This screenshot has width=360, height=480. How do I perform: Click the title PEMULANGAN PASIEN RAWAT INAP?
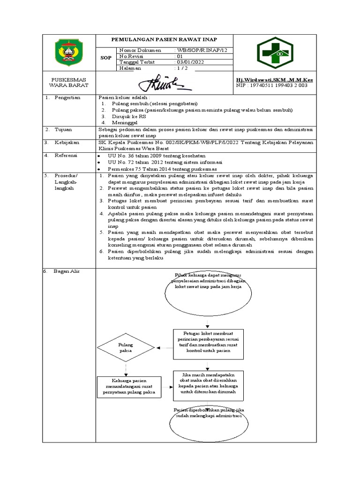click(164, 39)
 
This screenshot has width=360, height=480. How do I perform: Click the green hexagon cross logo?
click(274, 53)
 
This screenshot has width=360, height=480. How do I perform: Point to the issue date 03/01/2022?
click(190, 62)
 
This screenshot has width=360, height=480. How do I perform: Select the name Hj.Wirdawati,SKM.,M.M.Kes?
click(274, 80)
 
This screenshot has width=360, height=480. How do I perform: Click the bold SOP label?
click(106, 58)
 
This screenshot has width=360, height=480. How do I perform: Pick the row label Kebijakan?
click(68, 142)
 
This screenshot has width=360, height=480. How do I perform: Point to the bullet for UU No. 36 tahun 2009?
click(99, 156)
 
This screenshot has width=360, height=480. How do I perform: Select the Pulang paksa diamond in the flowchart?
click(126, 347)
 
